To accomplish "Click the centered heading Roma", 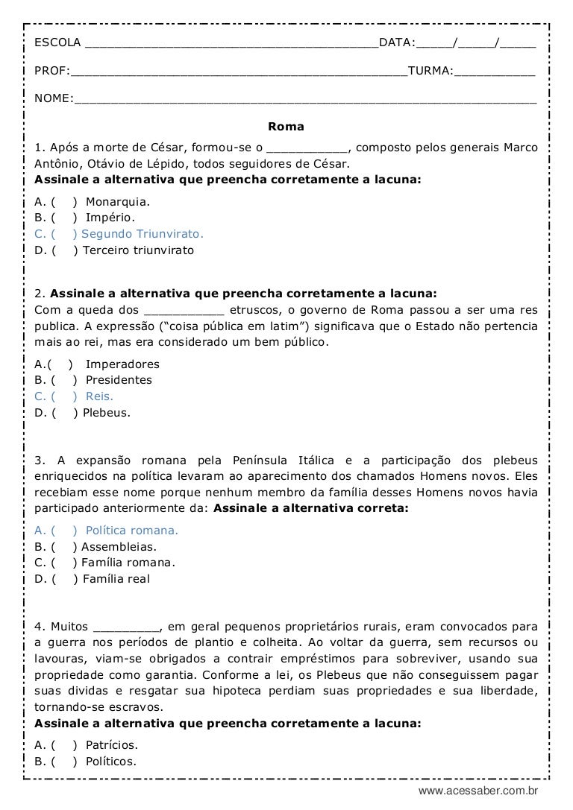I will click(x=286, y=127).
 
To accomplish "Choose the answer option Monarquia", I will click(x=118, y=201).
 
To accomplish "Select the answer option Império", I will click(x=110, y=218).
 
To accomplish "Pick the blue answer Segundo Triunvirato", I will click(x=143, y=234).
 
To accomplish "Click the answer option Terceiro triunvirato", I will click(x=138, y=250).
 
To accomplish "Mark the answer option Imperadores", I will click(x=122, y=364).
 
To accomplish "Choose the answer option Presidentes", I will click(x=119, y=380).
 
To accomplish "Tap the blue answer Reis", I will click(x=99, y=396).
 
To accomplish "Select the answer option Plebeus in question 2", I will click(x=107, y=412).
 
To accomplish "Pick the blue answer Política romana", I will click(x=132, y=531).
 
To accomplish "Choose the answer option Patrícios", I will click(x=112, y=745).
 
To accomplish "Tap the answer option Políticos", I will click(x=111, y=761).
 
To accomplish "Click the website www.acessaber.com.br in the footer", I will click(x=478, y=791).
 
